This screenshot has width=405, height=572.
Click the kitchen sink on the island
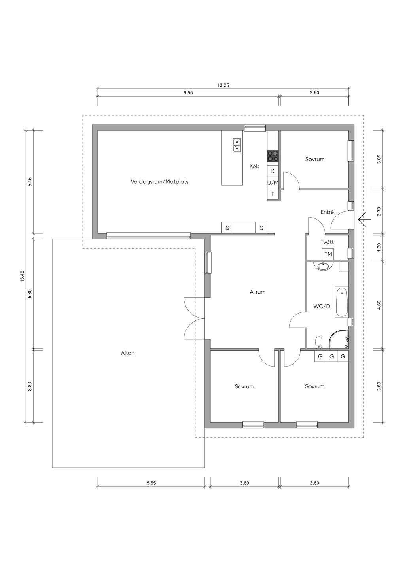click(237, 145)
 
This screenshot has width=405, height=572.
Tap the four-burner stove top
click(273, 156)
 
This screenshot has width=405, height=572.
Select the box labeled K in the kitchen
click(273, 171)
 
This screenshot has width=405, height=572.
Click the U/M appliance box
click(273, 183)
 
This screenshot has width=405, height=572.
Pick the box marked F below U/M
click(273, 194)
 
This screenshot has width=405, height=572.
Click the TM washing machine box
click(328, 254)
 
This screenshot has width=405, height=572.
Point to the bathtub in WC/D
click(342, 302)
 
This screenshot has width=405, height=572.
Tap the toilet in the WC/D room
click(318, 342)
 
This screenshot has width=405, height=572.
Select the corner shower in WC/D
click(339, 339)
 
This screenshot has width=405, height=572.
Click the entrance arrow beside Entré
click(365, 219)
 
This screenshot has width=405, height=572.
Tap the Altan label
click(128, 353)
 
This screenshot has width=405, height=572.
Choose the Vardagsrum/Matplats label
click(159, 182)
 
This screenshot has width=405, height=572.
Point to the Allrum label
click(257, 292)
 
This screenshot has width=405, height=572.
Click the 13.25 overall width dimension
click(223, 85)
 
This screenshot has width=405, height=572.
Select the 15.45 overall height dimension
click(22, 276)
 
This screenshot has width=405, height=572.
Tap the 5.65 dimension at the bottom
click(151, 483)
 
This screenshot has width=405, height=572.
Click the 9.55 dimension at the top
click(188, 93)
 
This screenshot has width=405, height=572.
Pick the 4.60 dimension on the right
click(379, 305)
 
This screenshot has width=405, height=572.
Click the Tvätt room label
click(327, 242)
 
